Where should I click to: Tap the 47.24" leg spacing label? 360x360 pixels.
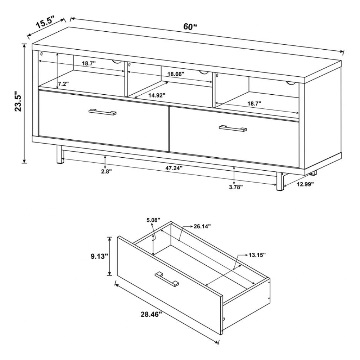[x=174, y=168]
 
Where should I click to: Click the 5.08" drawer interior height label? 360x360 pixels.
[x=153, y=219]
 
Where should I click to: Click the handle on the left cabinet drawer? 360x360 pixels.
[x=103, y=112]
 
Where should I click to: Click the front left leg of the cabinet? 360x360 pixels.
[x=58, y=155]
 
